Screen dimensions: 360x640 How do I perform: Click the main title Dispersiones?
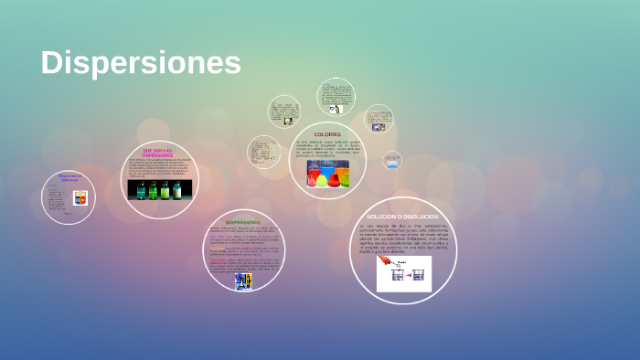point(141,63)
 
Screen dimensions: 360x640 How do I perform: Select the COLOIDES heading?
point(326,134)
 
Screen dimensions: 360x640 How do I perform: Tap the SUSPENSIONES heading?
point(242,222)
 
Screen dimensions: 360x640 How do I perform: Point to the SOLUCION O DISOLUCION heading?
point(403,216)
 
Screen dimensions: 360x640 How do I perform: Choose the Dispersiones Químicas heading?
point(69,177)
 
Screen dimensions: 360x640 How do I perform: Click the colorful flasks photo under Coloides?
point(327,173)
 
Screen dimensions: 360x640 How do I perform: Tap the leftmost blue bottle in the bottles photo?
point(136,190)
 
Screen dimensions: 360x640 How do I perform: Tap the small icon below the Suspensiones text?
point(242,281)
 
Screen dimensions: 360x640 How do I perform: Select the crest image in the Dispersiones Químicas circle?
point(80,197)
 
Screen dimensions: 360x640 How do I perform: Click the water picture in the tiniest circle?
point(391,160)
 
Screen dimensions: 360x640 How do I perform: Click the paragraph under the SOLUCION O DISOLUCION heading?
point(403,236)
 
